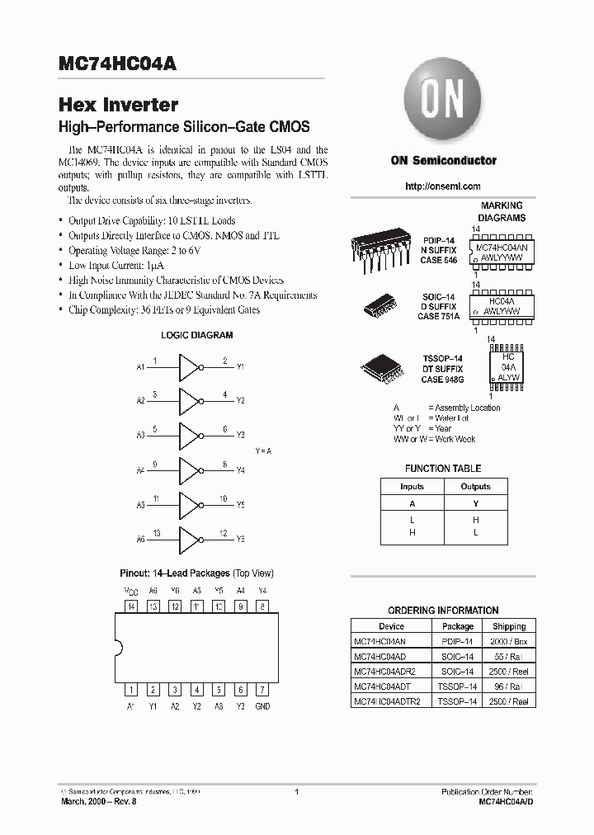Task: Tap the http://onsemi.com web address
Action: coord(443,186)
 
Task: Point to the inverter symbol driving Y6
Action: coord(189,538)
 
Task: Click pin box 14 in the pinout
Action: coord(130,606)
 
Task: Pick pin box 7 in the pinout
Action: coord(262,689)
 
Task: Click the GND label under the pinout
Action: coord(262,706)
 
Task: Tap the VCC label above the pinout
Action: coord(130,591)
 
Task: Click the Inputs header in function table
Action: coord(412,487)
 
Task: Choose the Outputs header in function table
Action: coord(475,487)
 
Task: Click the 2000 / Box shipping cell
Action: coord(509,641)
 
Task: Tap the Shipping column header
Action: coord(509,626)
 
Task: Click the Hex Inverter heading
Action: coord(119,105)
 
